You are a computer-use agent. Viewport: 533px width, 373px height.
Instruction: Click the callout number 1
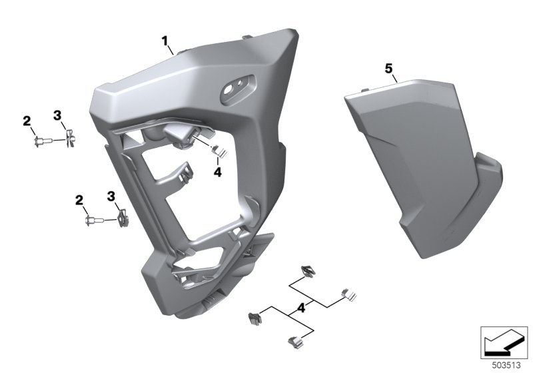pyautogui.click(x=165, y=41)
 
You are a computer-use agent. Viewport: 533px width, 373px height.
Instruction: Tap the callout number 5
pyautogui.click(x=388, y=69)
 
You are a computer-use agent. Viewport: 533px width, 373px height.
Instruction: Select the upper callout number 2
pyautogui.click(x=27, y=121)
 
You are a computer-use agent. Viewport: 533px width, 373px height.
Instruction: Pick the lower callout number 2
pyautogui.click(x=79, y=200)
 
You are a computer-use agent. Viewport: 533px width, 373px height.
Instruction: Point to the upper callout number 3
pyautogui.click(x=57, y=115)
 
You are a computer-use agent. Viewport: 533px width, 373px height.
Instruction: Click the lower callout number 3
pyautogui.click(x=111, y=196)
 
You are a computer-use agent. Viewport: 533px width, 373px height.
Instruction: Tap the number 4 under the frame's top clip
pyautogui.click(x=218, y=173)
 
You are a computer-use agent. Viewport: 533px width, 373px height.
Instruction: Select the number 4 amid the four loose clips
pyautogui.click(x=301, y=308)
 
